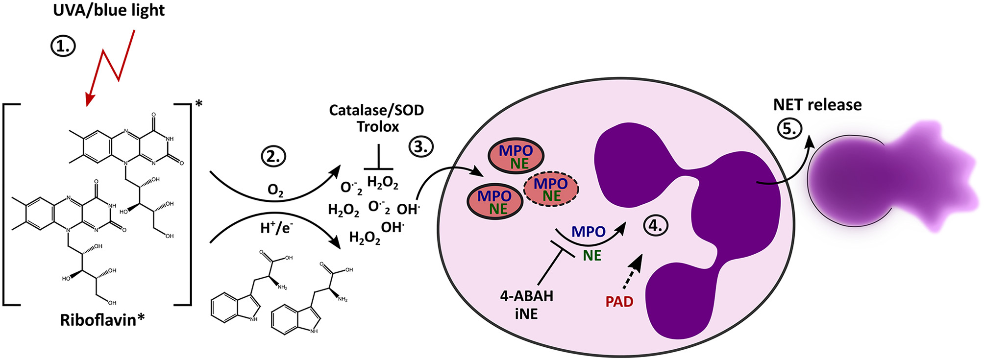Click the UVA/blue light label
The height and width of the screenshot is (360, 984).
108,10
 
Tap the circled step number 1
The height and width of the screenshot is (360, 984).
63,46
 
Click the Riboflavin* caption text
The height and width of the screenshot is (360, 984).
102,320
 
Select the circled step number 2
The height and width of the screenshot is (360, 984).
274,156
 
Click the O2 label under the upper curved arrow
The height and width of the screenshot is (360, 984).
275,190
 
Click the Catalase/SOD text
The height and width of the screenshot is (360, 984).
376,110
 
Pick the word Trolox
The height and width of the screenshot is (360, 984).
377,126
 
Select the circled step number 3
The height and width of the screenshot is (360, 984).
421,146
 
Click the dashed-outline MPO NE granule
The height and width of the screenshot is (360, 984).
551,189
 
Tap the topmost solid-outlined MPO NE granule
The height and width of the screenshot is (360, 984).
516,156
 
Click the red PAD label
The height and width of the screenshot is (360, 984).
619,302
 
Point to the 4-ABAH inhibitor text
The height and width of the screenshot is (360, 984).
527,296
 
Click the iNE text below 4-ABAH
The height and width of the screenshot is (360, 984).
526,313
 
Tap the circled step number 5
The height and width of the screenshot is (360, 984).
789,128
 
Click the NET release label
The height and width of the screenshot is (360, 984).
817,105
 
